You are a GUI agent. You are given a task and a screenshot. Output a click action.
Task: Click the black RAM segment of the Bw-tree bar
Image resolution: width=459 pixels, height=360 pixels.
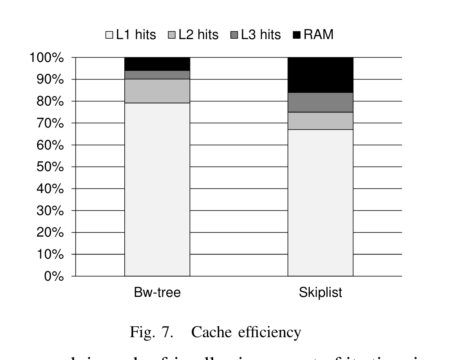coord(157,64)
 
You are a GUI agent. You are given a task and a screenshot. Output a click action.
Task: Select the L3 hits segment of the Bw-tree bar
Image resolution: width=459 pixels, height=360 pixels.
coord(157,75)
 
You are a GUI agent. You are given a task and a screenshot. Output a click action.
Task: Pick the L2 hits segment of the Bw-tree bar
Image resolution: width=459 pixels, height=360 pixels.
coord(157,91)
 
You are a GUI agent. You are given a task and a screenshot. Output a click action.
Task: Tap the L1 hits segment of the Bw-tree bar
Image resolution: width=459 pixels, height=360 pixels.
coord(157,189)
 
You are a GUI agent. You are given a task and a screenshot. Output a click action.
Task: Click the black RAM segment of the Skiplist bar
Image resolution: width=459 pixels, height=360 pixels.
coord(320,75)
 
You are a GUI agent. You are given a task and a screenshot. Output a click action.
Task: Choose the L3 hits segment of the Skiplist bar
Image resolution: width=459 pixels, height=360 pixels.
coord(320,102)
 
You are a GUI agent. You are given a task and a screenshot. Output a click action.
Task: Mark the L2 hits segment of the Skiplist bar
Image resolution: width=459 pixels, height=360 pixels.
coord(320,121)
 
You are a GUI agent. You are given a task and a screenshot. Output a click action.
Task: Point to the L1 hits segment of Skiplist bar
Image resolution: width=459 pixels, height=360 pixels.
coord(320,202)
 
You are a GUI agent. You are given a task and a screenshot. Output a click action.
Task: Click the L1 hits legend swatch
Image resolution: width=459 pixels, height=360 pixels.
coord(109,35)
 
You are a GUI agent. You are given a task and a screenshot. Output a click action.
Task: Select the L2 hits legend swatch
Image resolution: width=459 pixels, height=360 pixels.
coord(172,35)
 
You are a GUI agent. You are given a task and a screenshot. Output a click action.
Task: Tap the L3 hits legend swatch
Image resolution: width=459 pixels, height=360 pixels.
coord(234,35)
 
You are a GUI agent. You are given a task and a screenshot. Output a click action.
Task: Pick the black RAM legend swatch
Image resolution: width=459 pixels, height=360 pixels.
coord(297,35)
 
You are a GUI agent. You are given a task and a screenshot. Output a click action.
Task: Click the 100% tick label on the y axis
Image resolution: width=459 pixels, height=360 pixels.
coord(46,57)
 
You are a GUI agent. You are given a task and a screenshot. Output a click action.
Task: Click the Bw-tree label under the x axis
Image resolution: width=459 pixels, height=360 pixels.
coord(157,292)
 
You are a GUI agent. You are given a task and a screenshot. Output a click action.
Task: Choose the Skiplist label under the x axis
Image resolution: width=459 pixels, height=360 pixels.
coord(320,292)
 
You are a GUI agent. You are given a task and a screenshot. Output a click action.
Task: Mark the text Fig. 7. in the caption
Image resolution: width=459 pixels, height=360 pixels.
coord(151,332)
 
